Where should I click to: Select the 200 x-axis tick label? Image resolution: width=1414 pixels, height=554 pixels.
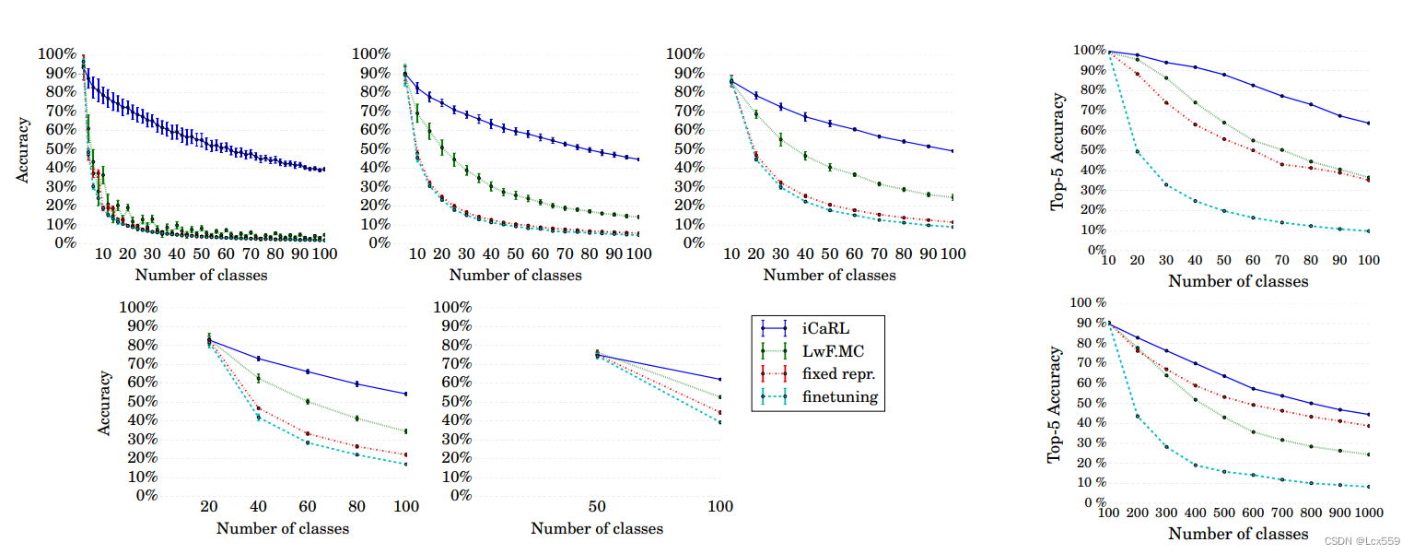1137,512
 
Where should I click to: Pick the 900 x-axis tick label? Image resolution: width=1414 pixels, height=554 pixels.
1338,512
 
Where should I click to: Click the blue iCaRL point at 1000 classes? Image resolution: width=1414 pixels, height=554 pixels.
1370,414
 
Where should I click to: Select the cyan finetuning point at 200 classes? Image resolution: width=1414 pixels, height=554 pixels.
1137,416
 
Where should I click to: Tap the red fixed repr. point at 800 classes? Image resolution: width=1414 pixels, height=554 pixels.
1312,417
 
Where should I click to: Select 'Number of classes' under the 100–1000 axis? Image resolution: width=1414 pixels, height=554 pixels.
1238,534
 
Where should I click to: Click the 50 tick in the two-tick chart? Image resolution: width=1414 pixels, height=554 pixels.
597,507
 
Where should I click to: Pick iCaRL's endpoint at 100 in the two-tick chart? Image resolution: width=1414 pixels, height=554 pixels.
720,379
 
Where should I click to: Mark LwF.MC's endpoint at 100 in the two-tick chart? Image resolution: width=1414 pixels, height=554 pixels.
720,397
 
